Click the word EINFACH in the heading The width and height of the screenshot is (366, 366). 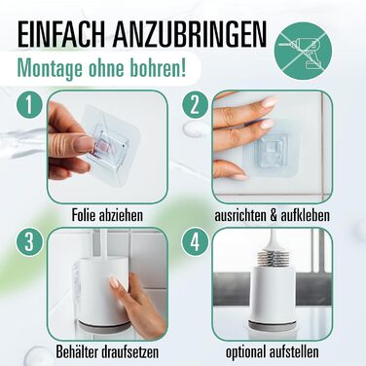[x=61, y=35]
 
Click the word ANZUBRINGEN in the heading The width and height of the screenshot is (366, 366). [x=190, y=35]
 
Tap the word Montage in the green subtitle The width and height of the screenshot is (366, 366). [x=52, y=69]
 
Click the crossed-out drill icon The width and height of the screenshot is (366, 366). [x=303, y=50]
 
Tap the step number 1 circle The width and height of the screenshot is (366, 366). [x=29, y=105]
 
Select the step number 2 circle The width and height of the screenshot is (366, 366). [x=195, y=105]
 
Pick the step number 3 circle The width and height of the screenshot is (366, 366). [x=29, y=241]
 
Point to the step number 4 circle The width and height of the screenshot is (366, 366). [x=195, y=241]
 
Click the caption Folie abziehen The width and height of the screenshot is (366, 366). [x=107, y=215]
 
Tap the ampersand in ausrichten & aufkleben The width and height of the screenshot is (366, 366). [x=272, y=215]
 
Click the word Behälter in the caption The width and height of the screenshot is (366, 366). [x=77, y=351]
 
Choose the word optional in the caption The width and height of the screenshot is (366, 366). [x=245, y=352]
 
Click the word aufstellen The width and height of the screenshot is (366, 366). [x=294, y=351]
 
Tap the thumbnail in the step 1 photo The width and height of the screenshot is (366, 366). [x=83, y=144]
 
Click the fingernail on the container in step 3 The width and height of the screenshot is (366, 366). [x=114, y=281]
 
